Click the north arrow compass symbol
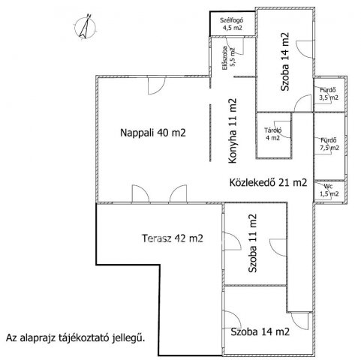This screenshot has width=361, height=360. (85, 27)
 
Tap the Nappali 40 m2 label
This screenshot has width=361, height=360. (153, 133)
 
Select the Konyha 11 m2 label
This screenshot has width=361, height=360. (233, 130)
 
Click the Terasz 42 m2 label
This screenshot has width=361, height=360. (173, 238)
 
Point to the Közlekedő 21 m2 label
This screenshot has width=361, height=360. (268, 182)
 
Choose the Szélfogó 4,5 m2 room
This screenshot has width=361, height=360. (233, 24)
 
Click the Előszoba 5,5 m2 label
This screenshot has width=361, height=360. (230, 58)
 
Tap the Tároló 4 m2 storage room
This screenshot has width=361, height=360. (273, 135)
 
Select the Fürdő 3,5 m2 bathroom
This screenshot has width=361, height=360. (329, 94)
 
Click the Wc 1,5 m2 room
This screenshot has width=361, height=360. (329, 190)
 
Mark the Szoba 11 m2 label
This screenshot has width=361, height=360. (252, 243)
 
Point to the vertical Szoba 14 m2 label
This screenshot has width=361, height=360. (284, 61)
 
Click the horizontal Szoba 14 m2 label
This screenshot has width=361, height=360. (260, 331)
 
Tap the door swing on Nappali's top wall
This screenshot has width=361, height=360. (157, 86)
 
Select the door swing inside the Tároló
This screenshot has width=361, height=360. (282, 129)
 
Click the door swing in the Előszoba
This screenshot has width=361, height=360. (235, 46)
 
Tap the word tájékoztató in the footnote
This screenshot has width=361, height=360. (85, 338)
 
